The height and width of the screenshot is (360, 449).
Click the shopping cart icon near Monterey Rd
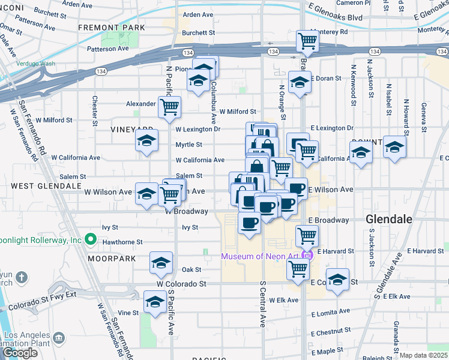(307, 41)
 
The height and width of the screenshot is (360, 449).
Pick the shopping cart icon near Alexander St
(170, 107)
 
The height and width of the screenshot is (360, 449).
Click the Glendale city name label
(389, 220)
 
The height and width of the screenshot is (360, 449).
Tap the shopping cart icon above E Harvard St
(307, 235)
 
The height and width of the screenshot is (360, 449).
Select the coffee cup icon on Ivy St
(249, 223)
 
